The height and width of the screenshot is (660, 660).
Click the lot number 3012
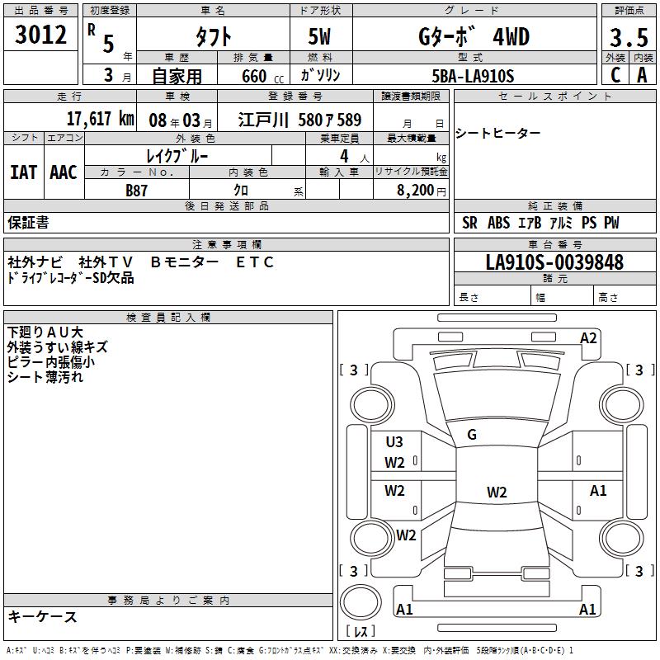tap(40, 35)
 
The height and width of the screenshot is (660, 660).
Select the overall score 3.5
tap(629, 37)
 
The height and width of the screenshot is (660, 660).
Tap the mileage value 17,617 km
tap(100, 119)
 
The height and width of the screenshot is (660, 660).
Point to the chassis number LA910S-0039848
tap(554, 262)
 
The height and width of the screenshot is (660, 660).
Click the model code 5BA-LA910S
tap(473, 76)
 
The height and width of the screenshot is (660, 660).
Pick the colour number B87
tap(136, 191)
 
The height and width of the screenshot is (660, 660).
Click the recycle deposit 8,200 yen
tap(422, 191)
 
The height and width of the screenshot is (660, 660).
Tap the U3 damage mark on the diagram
tap(394, 441)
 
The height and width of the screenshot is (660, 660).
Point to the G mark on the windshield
tap(472, 435)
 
